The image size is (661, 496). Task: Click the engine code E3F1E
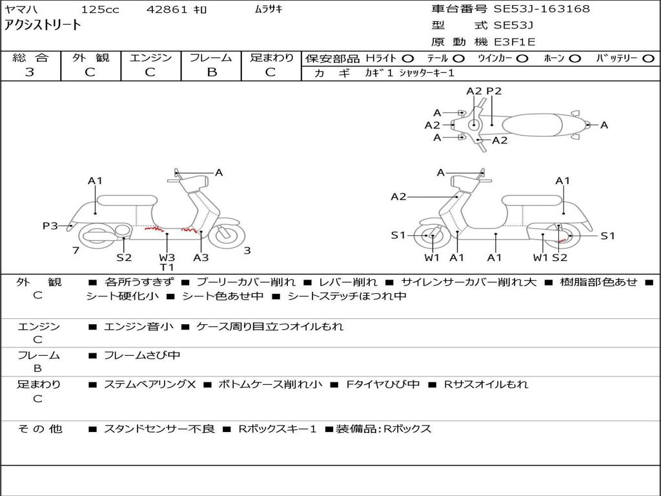pos(514,43)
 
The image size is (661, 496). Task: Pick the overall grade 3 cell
pos(30,72)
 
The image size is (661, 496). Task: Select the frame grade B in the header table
pos(211,72)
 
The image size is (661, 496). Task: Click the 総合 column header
pos(30,57)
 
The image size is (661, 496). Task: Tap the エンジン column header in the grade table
pos(150,57)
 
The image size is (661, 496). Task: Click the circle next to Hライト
pos(408,58)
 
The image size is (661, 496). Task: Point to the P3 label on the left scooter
pos(50,225)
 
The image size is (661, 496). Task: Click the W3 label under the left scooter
pos(167,257)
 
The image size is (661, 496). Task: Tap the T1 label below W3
pos(167,267)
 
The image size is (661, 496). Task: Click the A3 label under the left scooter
pos(201,257)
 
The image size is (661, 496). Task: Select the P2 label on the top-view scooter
pos(494,91)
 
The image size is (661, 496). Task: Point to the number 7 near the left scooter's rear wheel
pos(76,250)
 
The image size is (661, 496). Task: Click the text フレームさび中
pos(142,355)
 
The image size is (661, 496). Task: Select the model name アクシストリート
pos(43,25)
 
